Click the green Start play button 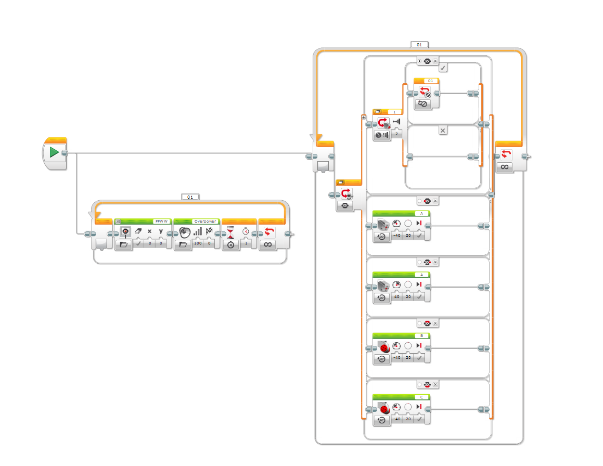coord(54,153)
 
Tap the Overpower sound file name coord(205,221)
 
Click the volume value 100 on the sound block coord(198,243)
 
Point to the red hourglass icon coord(230,232)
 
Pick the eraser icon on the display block coord(138,231)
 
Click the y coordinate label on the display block coord(161,231)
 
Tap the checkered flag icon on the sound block coord(209,231)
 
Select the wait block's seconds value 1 coord(246,243)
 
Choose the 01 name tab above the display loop coord(190,197)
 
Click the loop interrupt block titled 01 coord(426,94)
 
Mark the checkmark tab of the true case coord(443,68)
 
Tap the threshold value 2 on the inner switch coord(396,134)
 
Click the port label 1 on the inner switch coord(394,112)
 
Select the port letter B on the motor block coord(421,336)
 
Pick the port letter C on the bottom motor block coord(421,397)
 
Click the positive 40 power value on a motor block coord(396,297)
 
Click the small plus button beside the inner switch coord(364,117)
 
